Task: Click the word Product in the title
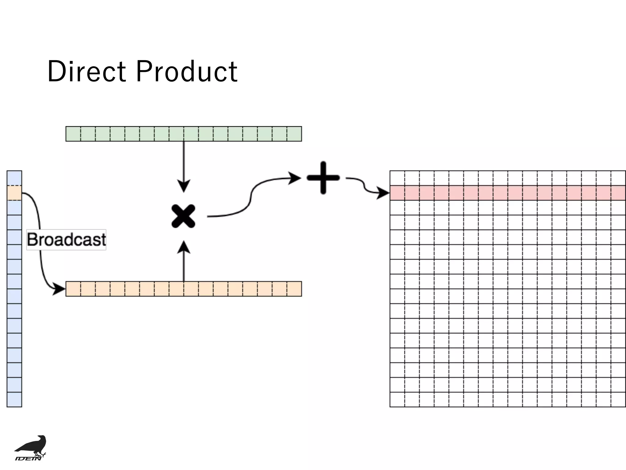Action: pos(186,71)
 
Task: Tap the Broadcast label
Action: pos(66,240)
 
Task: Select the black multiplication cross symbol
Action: pos(183,216)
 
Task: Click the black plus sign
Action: pos(323,178)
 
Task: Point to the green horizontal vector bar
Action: pos(183,134)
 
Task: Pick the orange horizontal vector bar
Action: pos(183,289)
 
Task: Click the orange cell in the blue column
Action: pos(14,193)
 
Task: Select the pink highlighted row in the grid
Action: pos(507,193)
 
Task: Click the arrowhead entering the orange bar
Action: pos(59,289)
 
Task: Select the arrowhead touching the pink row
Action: pos(383,193)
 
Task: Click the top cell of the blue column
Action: pos(14,178)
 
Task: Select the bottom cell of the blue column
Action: pos(14,400)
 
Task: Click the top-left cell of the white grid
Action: pos(397,178)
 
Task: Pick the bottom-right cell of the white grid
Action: pos(618,400)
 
